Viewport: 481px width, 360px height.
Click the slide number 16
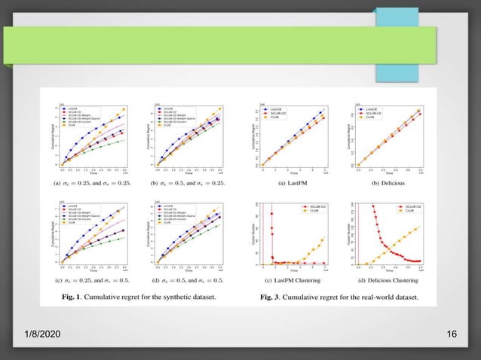[452, 334]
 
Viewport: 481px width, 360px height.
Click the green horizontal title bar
[226, 45]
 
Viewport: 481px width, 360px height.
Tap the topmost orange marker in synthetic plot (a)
[124, 109]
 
